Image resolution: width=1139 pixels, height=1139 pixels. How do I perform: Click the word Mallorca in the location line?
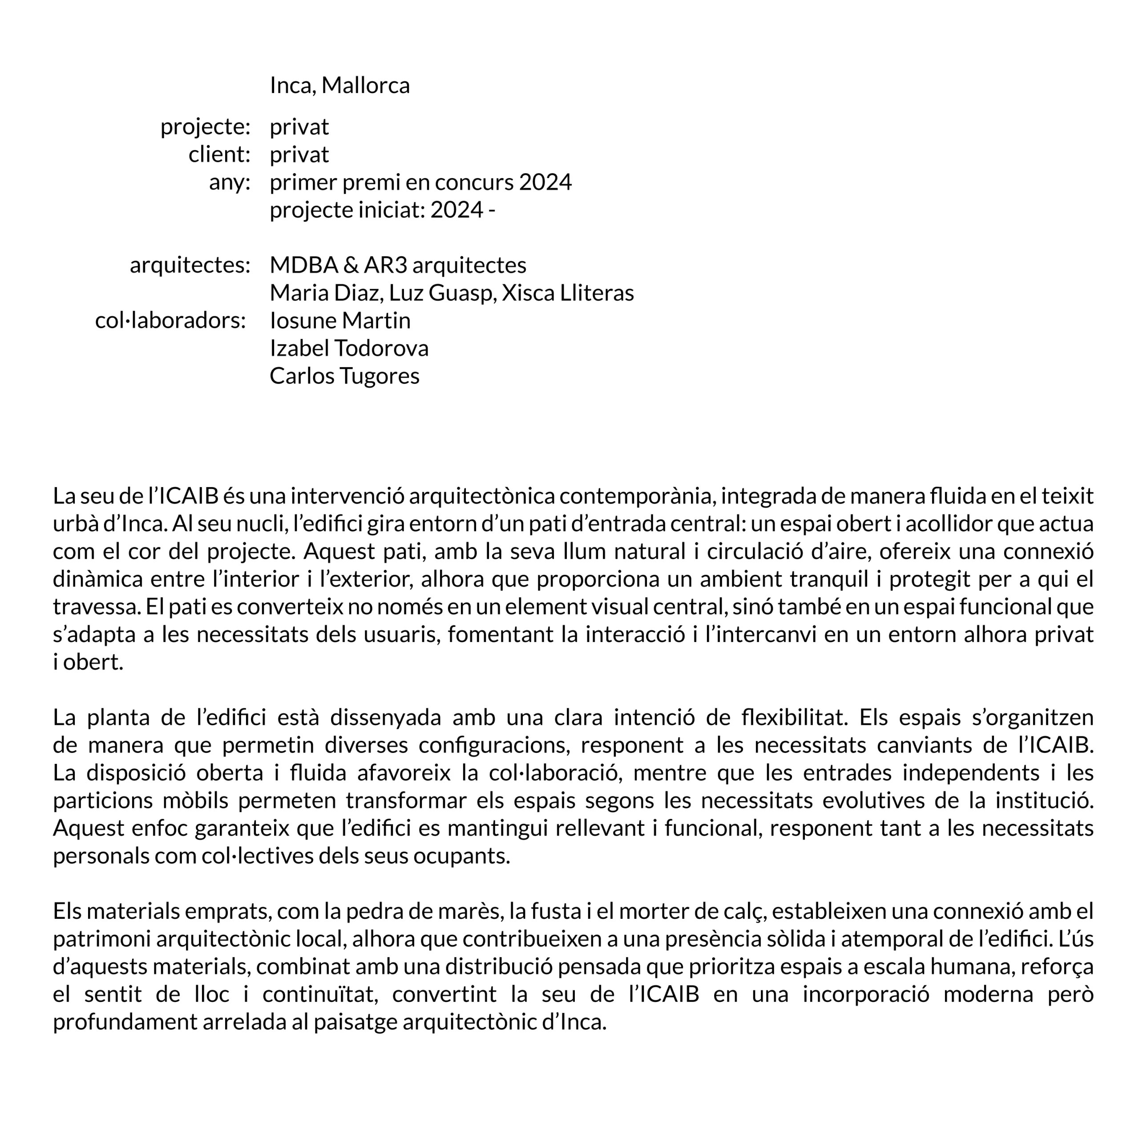pos(366,85)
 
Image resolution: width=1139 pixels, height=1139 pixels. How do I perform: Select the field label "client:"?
pos(219,154)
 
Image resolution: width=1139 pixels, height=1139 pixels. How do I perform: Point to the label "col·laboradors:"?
pos(170,321)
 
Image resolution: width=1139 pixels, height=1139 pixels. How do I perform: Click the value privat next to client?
pos(299,154)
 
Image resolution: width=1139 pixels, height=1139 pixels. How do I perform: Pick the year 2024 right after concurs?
pos(545,182)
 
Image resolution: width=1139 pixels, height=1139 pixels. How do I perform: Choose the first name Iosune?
pos(303,321)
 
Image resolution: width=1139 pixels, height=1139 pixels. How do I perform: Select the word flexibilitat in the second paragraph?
pos(792,718)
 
